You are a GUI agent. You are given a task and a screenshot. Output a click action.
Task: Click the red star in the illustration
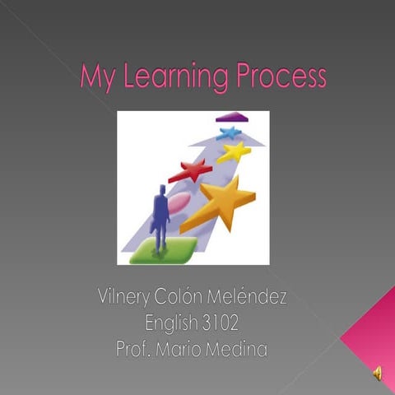click(192, 171)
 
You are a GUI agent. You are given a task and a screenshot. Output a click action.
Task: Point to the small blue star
click(230, 132)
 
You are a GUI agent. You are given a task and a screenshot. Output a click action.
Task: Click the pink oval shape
click(179, 202)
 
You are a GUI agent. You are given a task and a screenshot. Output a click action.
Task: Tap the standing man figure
click(160, 216)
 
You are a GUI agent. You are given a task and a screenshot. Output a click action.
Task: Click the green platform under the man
click(163, 249)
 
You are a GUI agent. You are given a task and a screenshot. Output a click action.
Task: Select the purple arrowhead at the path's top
click(232, 117)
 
